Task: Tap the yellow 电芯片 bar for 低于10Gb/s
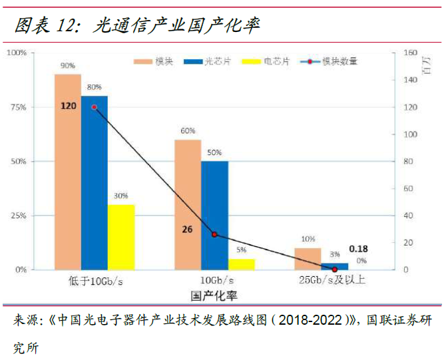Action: point(121,237)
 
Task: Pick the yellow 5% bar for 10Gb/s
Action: point(241,264)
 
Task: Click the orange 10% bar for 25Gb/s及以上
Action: point(308,259)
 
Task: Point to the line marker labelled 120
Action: point(94,107)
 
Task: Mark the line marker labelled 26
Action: point(214,234)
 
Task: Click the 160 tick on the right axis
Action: point(411,53)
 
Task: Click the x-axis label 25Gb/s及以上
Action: point(332,279)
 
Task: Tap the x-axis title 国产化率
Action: point(214,293)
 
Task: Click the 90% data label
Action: point(68,66)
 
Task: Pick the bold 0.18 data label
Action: point(358,249)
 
